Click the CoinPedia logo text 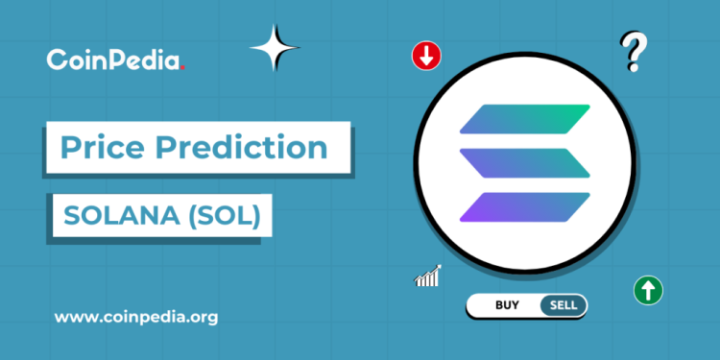(113, 60)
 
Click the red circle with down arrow (425, 56)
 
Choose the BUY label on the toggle (507, 305)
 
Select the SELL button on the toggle (563, 305)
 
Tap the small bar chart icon (427, 276)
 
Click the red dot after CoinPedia (182, 67)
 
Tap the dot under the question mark (632, 69)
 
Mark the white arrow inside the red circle (425, 56)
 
